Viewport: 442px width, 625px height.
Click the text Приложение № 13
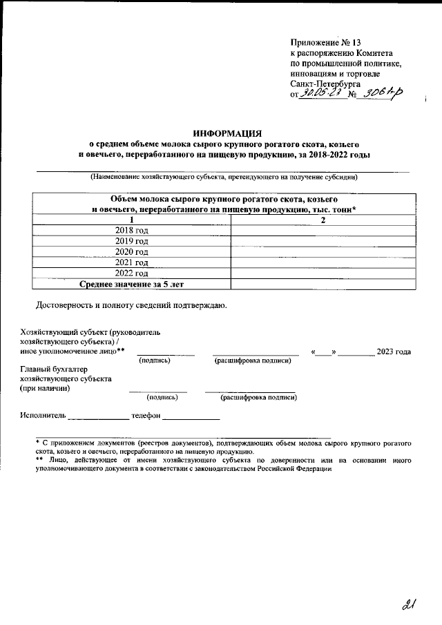322,41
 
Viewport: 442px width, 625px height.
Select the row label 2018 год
131,230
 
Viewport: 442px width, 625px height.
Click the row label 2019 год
131,241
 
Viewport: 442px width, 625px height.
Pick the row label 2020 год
131,251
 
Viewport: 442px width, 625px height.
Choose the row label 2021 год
131,262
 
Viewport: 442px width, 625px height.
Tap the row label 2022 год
131,273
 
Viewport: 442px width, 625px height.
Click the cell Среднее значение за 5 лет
131,284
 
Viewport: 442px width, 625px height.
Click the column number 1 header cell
131,220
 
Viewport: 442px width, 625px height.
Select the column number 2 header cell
323,220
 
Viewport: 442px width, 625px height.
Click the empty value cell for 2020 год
323,251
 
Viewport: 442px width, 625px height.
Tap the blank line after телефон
191,418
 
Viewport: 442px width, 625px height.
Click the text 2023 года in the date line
394,352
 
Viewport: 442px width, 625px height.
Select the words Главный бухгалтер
55,368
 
